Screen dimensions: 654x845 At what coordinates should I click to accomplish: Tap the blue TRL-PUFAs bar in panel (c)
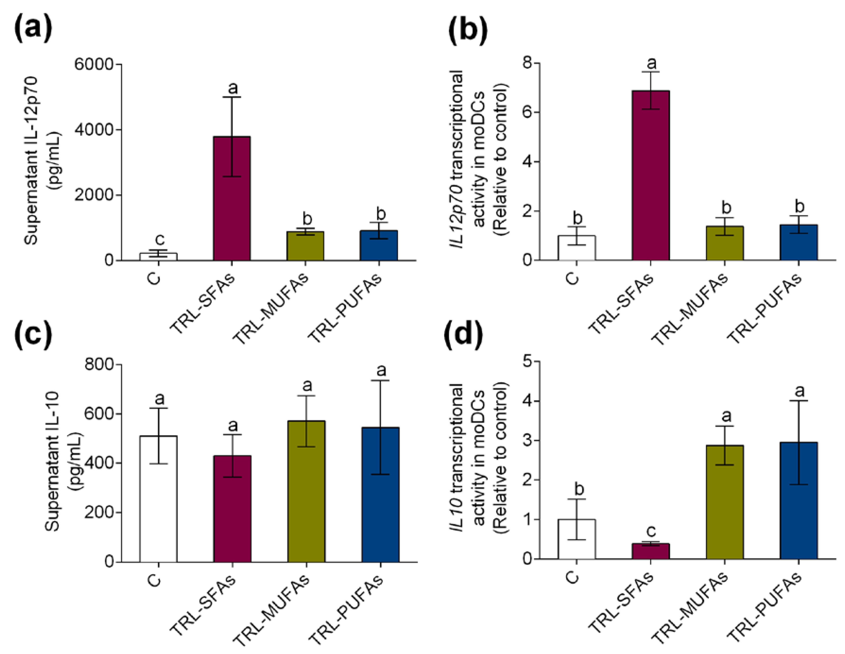(x=380, y=503)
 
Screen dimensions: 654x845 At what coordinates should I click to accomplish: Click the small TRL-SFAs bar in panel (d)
(x=650, y=551)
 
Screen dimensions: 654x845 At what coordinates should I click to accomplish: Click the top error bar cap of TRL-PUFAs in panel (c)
(x=380, y=381)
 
